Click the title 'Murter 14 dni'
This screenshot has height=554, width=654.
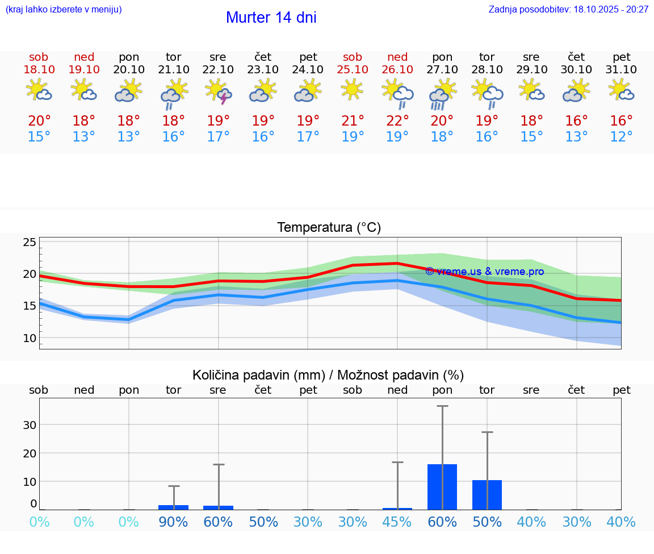(271, 18)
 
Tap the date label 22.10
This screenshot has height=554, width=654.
(218, 70)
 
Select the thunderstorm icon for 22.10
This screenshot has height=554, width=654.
(219, 91)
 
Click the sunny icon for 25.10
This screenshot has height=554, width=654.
(353, 90)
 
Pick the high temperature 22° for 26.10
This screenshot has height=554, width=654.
(397, 121)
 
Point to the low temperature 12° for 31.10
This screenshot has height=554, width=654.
(622, 137)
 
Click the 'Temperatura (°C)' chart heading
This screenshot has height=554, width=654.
(329, 228)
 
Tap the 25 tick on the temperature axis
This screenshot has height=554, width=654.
(30, 243)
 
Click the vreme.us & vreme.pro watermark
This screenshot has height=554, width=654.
(484, 272)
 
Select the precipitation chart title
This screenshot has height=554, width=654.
(328, 375)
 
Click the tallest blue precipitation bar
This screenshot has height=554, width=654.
(442, 487)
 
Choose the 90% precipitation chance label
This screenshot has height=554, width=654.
(173, 522)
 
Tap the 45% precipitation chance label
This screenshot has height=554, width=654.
(397, 522)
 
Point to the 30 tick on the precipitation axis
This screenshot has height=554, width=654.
(30, 425)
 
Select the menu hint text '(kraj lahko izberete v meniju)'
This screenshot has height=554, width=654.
(64, 10)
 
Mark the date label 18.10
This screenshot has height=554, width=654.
(39, 70)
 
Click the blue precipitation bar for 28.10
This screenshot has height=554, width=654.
(487, 495)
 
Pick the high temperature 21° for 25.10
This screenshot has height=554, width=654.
(353, 121)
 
